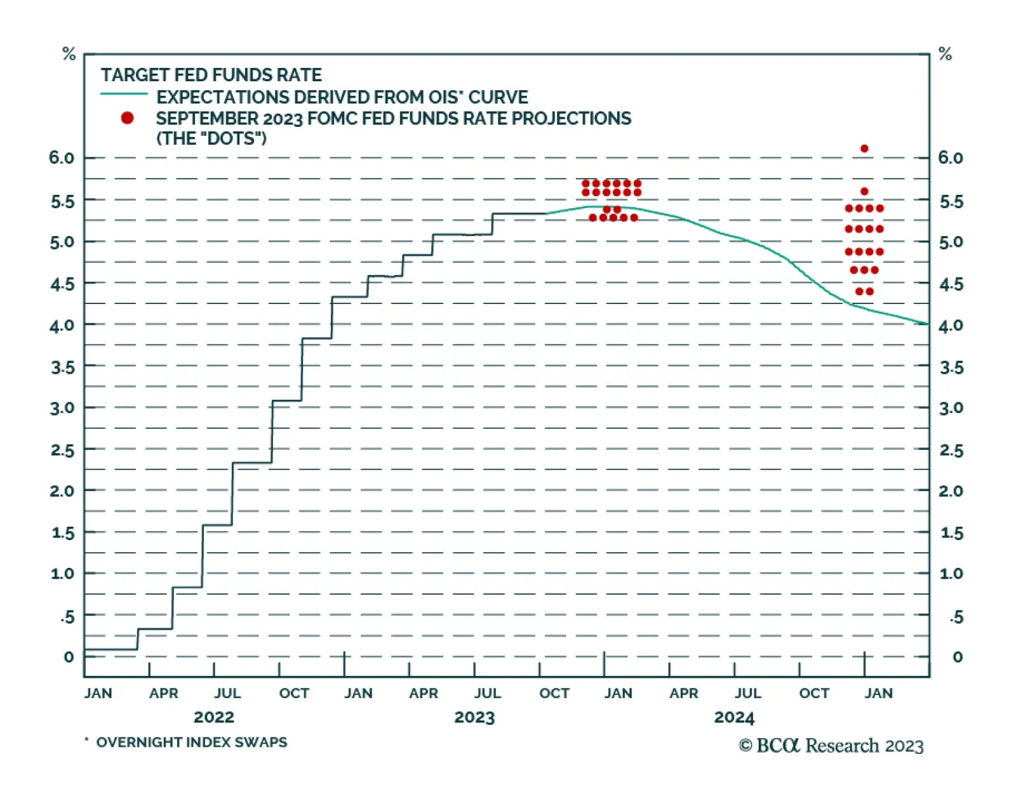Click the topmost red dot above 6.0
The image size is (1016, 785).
point(864,148)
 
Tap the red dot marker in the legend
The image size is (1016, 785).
point(127,118)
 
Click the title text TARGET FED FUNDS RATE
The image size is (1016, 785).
point(211,75)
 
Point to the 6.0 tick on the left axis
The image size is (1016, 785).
point(62,157)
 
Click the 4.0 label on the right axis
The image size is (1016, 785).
point(951,326)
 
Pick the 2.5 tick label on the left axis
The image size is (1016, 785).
point(62,450)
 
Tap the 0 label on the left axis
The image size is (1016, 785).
point(68,657)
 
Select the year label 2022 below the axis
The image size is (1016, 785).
point(213,717)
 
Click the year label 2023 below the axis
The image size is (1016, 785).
point(474,717)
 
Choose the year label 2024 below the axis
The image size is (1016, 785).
point(734,717)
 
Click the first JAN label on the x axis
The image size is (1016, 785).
point(98,693)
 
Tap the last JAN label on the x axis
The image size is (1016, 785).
point(878,693)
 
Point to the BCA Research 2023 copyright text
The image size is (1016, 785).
point(831,746)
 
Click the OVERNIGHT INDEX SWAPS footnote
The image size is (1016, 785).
point(191,742)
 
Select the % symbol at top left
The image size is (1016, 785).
point(69,55)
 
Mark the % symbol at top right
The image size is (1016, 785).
point(945,55)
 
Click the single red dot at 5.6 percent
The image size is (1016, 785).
point(864,191)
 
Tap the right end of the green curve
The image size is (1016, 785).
point(928,324)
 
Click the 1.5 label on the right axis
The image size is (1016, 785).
point(951,533)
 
